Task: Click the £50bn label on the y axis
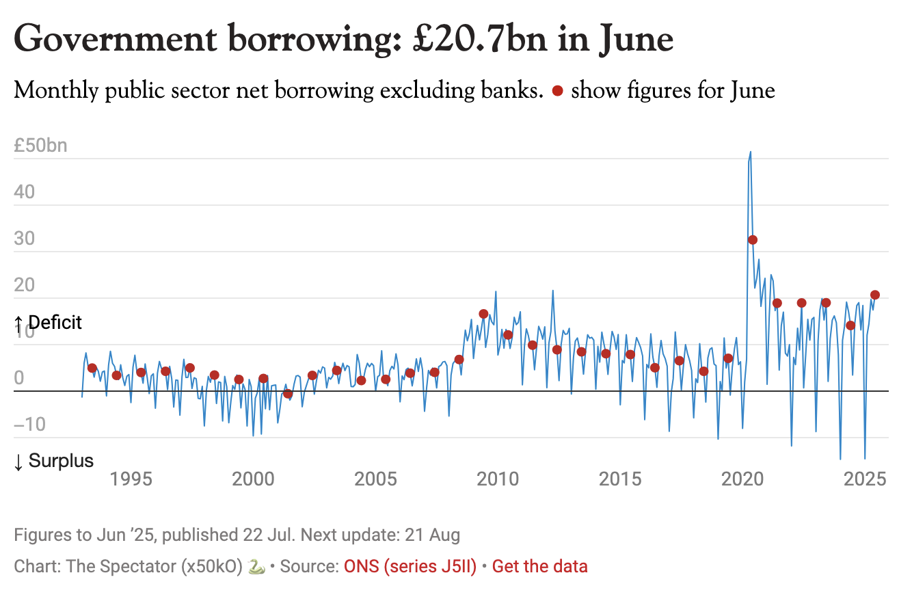pyautogui.click(x=40, y=146)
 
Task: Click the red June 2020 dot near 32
pyautogui.click(x=753, y=239)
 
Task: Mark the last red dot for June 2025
pyautogui.click(x=875, y=295)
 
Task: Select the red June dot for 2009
pyautogui.click(x=483, y=314)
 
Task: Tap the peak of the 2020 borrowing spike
pyautogui.click(x=751, y=152)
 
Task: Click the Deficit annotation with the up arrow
pyautogui.click(x=48, y=323)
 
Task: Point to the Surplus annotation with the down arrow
pyautogui.click(x=53, y=462)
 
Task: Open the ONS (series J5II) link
pyautogui.click(x=410, y=567)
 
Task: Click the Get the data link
pyautogui.click(x=540, y=567)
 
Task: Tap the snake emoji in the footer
pyautogui.click(x=256, y=567)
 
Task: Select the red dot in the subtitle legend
pyautogui.click(x=558, y=91)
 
